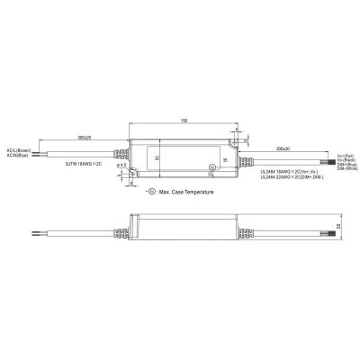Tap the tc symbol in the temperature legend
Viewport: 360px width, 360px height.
point(150,193)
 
